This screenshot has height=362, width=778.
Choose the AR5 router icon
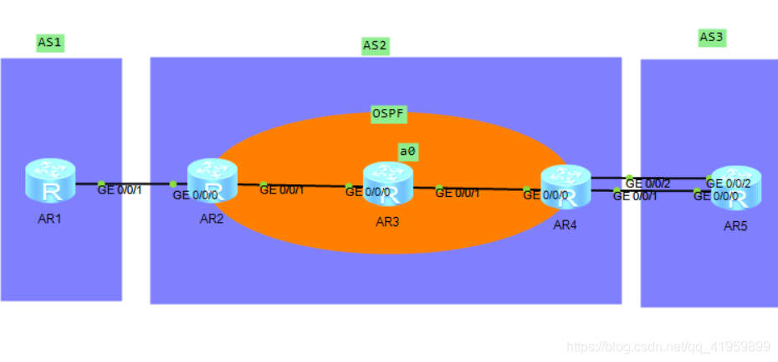[x=736, y=187]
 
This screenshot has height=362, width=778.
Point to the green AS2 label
[x=375, y=45]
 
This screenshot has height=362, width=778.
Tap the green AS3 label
[x=712, y=37]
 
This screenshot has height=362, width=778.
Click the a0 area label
[x=407, y=152]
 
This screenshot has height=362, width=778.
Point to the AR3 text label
[x=388, y=222]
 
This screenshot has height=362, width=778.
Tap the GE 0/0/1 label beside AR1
[x=120, y=190]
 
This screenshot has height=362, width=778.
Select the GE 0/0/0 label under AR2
[x=195, y=195]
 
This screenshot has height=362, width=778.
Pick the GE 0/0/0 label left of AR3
[x=368, y=191]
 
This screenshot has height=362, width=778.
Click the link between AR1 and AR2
[x=138, y=184]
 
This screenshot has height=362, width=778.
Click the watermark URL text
[x=668, y=346]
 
